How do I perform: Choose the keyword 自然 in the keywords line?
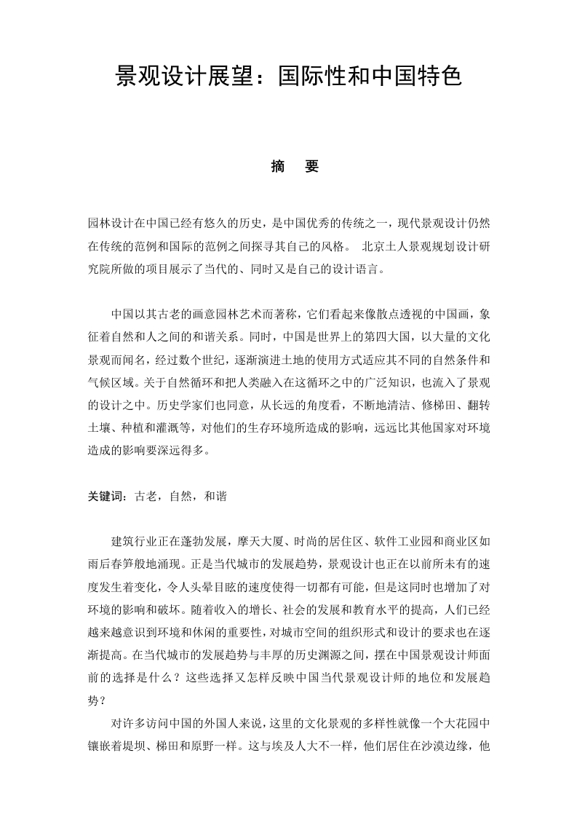180,496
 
